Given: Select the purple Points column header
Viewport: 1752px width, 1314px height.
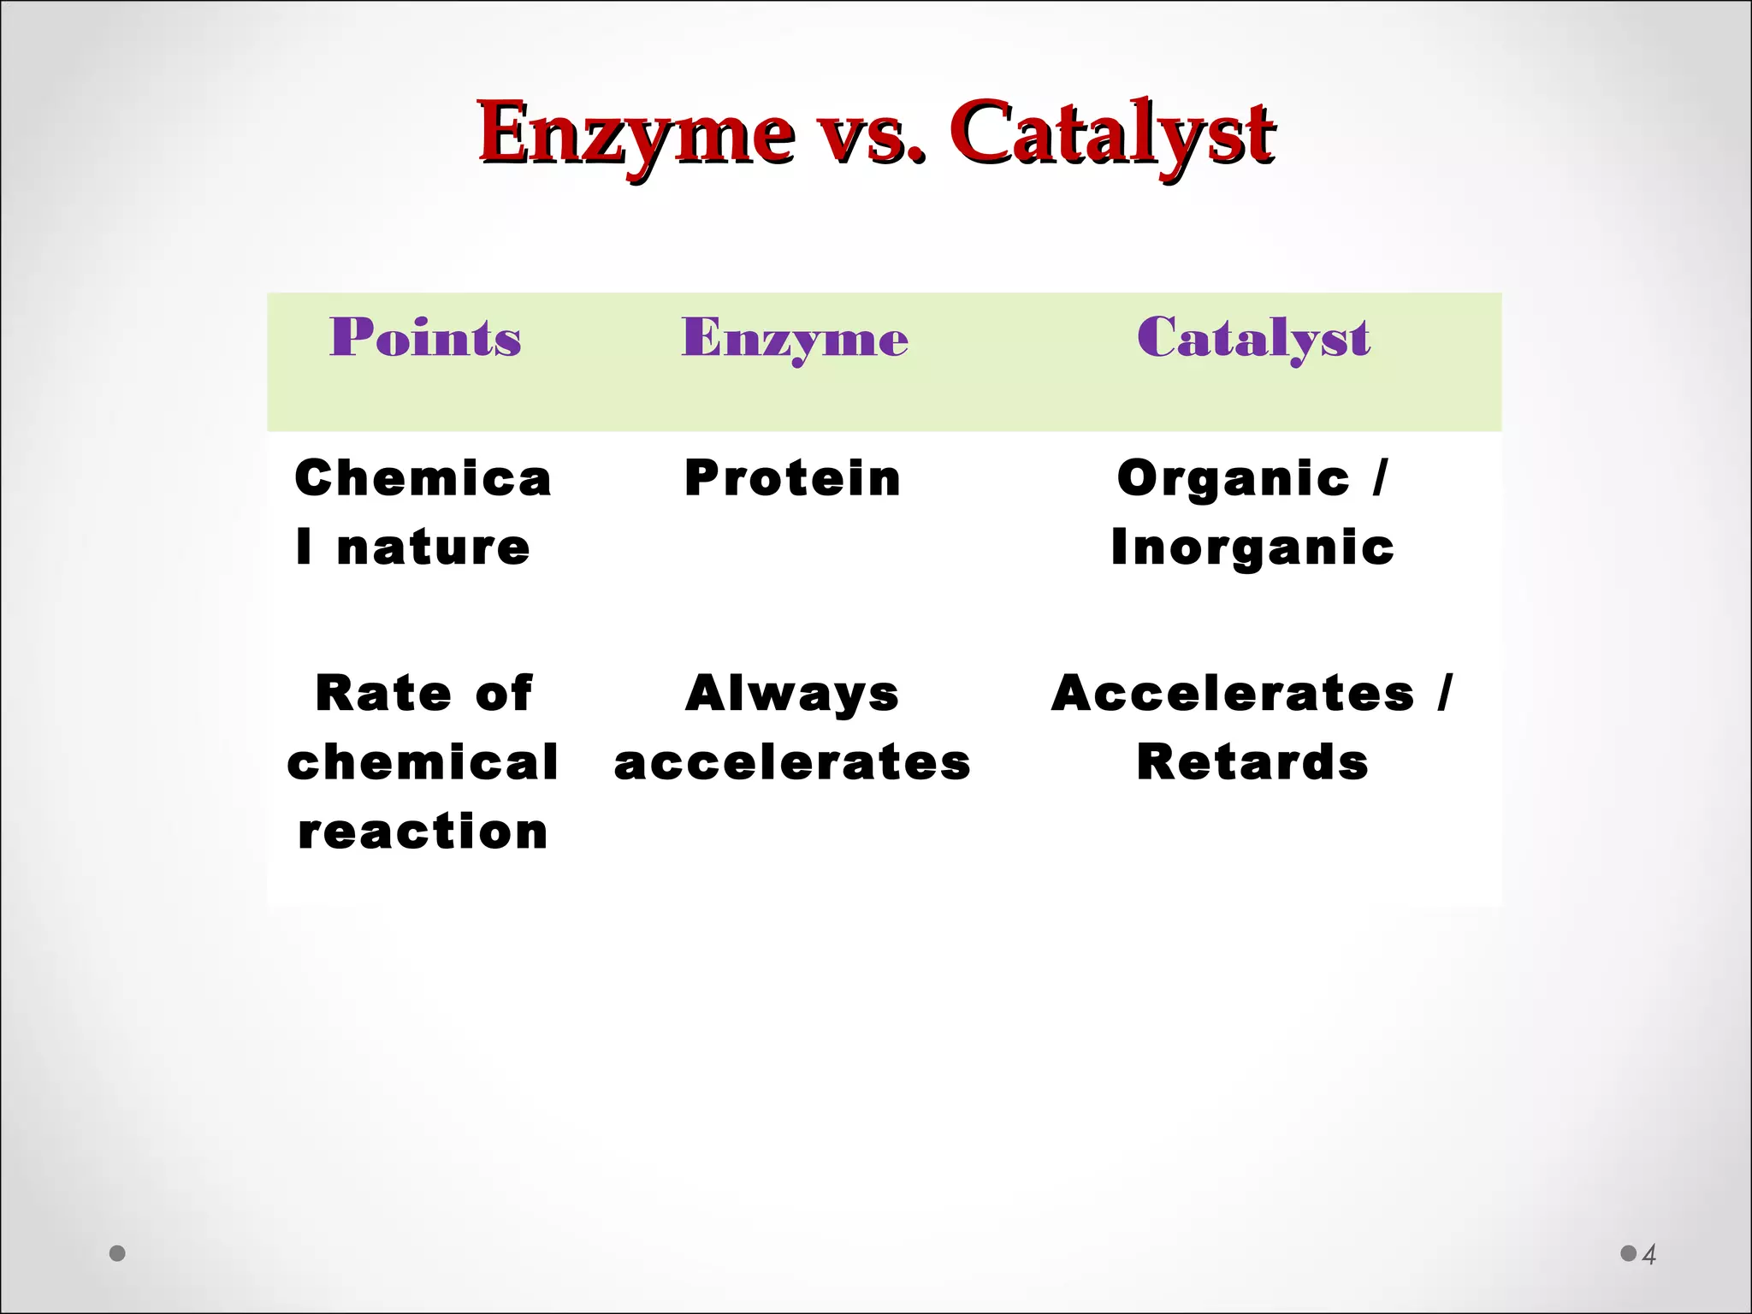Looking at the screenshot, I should [425, 337].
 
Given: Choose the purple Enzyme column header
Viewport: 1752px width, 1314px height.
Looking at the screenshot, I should [794, 339].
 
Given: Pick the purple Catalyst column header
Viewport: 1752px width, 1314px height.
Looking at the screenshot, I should [1253, 339].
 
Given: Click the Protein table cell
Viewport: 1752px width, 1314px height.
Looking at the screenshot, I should [792, 477].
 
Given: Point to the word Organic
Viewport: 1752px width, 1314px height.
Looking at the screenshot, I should [1233, 477].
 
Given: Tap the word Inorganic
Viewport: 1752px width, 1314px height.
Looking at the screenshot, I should [1252, 547].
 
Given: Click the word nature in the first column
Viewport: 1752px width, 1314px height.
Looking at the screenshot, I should [433, 547].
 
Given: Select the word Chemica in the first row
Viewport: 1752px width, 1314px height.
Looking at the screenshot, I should [423, 477].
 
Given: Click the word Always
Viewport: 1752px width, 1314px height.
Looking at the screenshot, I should [792, 693].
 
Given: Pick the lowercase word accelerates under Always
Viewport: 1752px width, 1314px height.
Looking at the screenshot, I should [792, 762].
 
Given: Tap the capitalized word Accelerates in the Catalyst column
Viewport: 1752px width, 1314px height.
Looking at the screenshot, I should [1233, 693].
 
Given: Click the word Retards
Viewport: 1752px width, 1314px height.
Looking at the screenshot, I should [1252, 762].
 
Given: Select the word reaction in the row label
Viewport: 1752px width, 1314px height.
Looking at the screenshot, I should [423, 832].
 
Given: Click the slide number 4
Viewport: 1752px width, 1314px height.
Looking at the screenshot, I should [1649, 1255].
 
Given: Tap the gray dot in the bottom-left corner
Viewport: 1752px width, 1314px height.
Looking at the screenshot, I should [118, 1253].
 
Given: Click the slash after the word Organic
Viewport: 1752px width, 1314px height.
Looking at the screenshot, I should [1379, 477].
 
